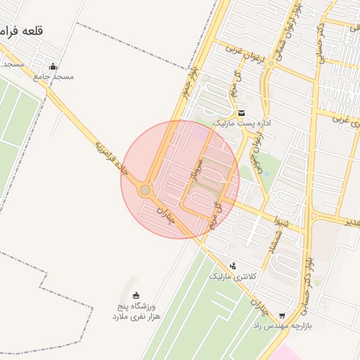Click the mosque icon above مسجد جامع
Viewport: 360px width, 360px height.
coord(53,67)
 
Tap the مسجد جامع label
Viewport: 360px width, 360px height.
coord(53,77)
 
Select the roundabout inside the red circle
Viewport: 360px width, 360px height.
coord(145,189)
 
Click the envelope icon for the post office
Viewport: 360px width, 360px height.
coord(241,112)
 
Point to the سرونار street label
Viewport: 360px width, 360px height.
coord(198,169)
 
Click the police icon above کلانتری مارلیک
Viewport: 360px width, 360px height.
coord(233,266)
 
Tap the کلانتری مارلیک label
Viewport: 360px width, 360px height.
coord(233,276)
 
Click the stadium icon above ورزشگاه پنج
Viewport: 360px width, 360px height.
coord(136,295)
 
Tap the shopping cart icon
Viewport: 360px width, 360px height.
coord(282,316)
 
